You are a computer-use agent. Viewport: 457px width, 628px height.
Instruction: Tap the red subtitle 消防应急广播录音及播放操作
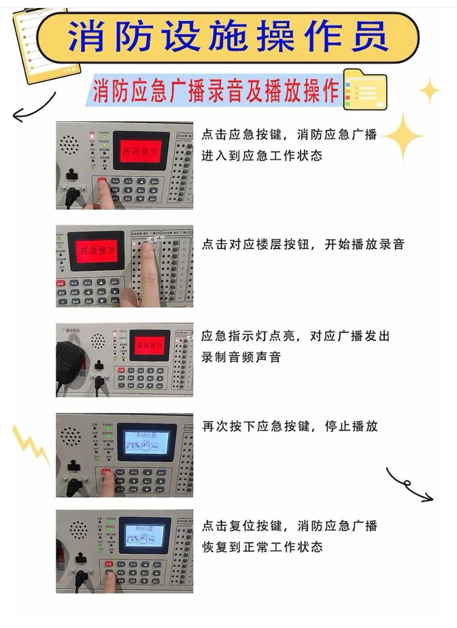[216, 91]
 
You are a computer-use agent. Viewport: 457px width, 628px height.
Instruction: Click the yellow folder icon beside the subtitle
[365, 90]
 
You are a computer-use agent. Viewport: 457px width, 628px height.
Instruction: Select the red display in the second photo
[97, 251]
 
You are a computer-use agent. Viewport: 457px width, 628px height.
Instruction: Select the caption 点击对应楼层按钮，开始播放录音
[303, 244]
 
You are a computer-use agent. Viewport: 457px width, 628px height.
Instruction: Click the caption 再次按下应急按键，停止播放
[290, 426]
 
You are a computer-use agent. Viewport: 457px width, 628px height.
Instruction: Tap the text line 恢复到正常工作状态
[262, 547]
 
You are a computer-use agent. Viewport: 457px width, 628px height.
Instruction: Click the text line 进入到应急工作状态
[262, 156]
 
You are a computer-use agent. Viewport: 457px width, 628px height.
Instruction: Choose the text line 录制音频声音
[241, 357]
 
